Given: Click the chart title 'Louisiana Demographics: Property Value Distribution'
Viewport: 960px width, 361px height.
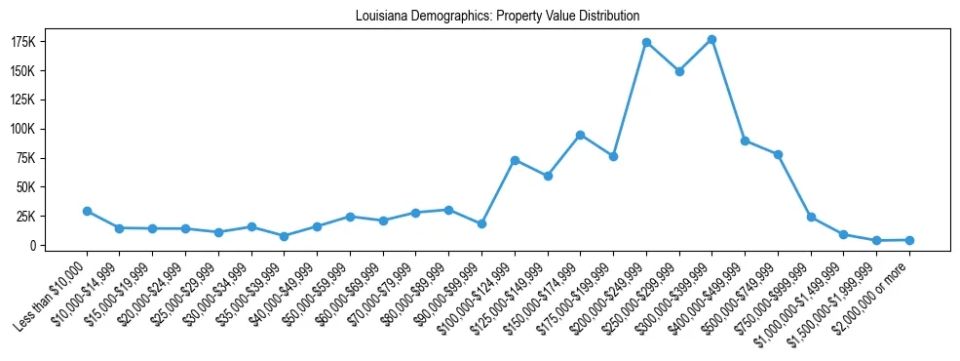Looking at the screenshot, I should pyautogui.click(x=484, y=17).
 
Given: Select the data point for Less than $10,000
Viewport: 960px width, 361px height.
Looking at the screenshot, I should pyautogui.click(x=87, y=211).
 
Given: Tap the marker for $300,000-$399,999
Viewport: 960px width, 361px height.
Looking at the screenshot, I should pyautogui.click(x=711, y=39).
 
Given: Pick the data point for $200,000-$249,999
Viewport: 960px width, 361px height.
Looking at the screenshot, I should pyautogui.click(x=646, y=43).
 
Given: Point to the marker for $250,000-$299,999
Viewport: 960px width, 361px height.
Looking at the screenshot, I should pyautogui.click(x=679, y=71).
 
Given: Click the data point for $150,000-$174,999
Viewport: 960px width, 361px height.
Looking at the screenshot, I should pyautogui.click(x=580, y=135).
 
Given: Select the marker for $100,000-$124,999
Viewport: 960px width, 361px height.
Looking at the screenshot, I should pyautogui.click(x=515, y=160).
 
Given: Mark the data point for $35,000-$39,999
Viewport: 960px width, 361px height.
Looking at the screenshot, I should pyautogui.click(x=284, y=236).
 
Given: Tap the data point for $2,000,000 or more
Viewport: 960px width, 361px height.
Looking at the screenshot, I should pyautogui.click(x=909, y=240).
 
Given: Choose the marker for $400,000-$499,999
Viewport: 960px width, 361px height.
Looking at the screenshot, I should pyautogui.click(x=745, y=140).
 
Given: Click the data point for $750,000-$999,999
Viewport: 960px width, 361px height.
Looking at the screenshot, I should pyautogui.click(x=811, y=217).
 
